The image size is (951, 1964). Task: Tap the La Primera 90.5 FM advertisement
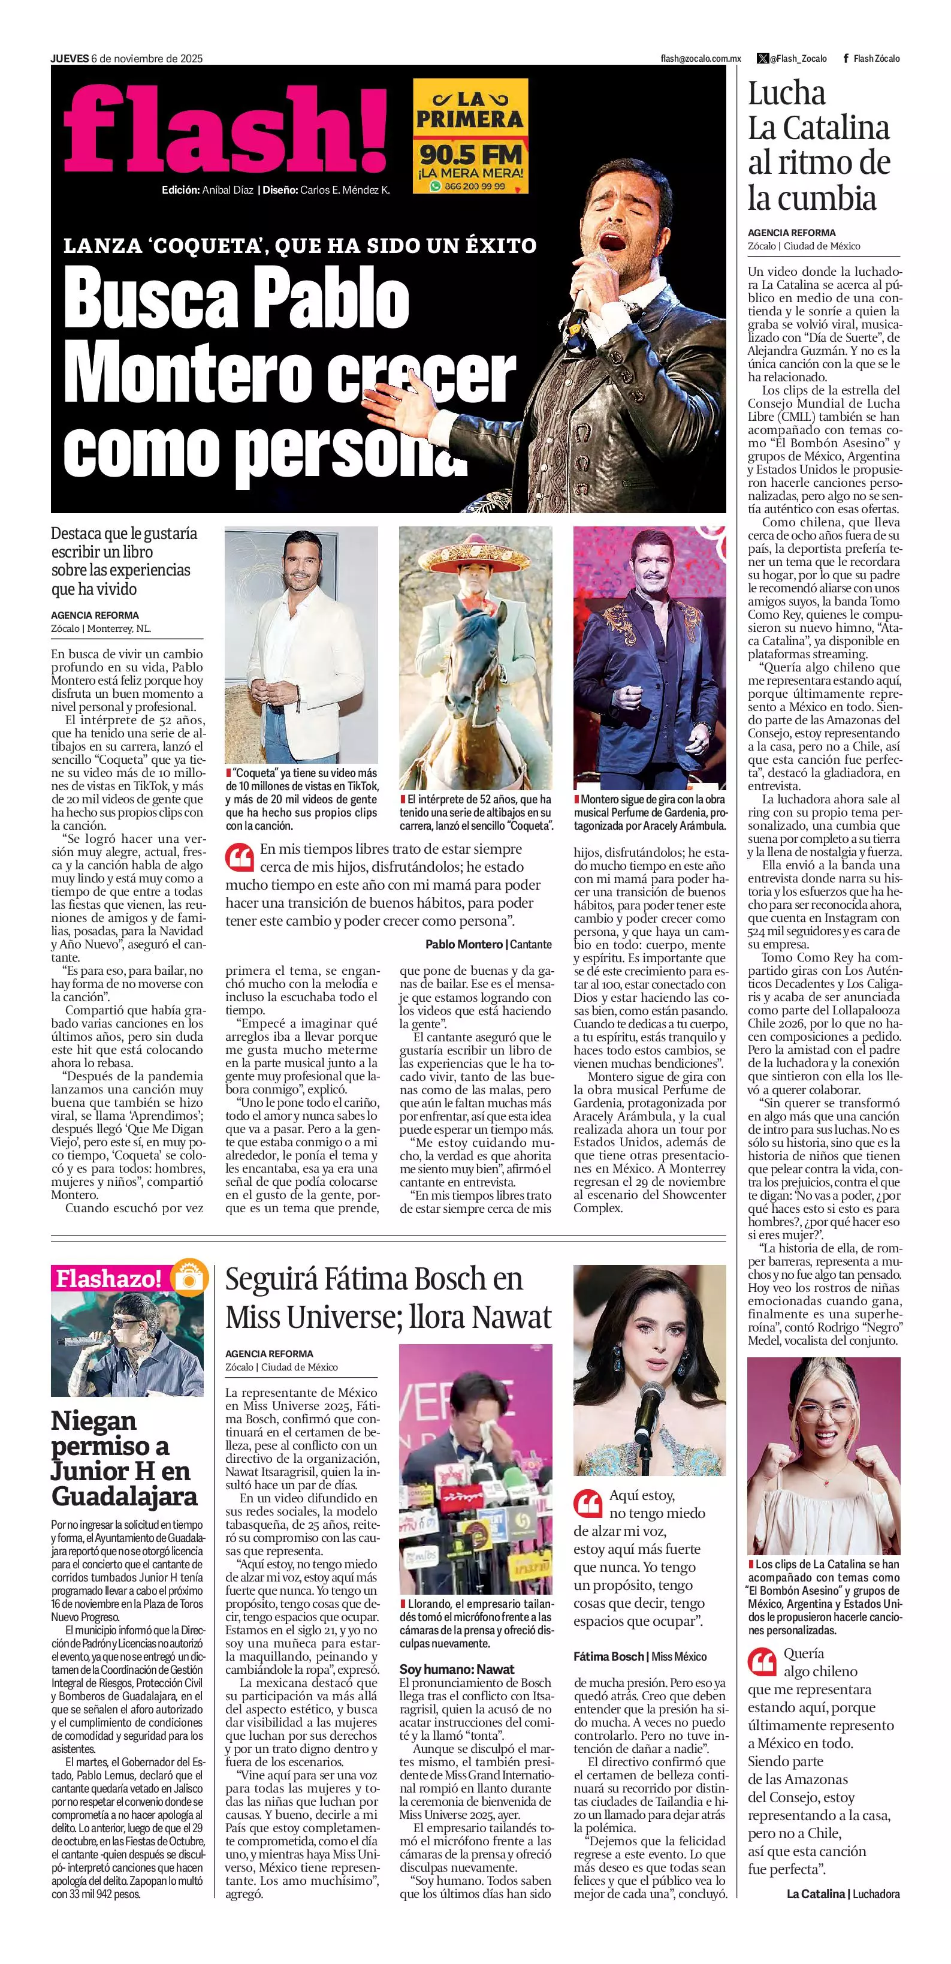click(470, 135)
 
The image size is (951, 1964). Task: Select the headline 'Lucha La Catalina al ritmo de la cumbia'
click(819, 146)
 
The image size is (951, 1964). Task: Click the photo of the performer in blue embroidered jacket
click(649, 657)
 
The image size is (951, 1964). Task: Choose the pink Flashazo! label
click(108, 1279)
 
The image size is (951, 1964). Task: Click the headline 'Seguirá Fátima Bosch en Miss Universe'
click(388, 1297)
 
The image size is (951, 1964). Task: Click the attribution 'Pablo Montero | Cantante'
click(488, 944)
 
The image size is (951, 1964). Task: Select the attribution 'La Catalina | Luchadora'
click(843, 1893)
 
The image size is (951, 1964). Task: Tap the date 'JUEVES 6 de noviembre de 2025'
click(126, 58)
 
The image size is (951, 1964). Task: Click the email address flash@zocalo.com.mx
click(701, 59)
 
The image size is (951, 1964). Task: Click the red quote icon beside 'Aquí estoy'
click(587, 1504)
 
